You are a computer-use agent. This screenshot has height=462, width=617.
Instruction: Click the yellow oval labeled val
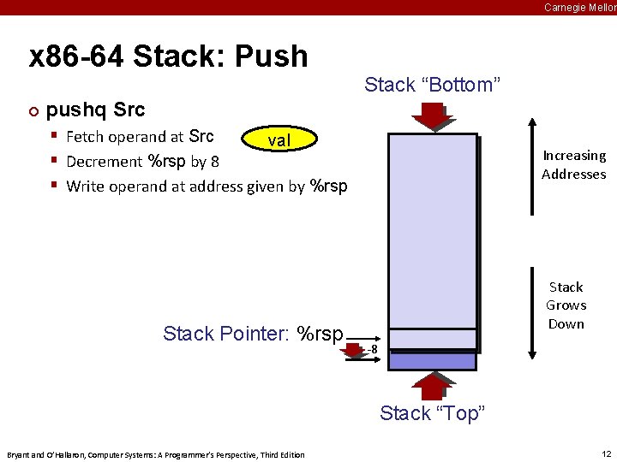tap(280, 139)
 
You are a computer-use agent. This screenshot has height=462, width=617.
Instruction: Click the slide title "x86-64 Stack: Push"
tap(168, 56)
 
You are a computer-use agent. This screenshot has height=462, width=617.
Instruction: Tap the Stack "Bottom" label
tap(432, 85)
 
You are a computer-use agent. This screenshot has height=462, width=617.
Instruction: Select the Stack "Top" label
tap(432, 413)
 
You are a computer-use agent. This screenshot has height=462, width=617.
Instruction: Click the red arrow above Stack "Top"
tap(433, 385)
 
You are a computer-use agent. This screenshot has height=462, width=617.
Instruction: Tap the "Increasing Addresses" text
tap(573, 164)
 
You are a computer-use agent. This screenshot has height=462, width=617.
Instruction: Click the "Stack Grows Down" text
tap(566, 305)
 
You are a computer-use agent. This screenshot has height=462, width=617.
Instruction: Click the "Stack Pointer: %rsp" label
tap(253, 334)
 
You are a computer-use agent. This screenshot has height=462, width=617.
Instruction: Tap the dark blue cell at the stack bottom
tap(432, 361)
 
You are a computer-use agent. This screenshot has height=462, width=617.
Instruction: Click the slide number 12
tap(606, 453)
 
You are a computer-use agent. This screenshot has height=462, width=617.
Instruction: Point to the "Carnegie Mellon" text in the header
tap(579, 8)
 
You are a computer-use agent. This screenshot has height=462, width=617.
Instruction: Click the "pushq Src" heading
tap(95, 110)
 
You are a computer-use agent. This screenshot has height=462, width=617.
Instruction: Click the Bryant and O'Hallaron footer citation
tap(155, 454)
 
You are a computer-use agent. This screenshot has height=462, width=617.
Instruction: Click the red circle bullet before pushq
tap(33, 111)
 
